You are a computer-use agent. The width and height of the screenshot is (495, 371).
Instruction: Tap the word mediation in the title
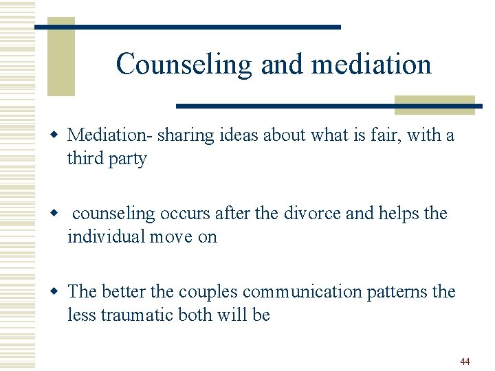pyautogui.click(x=371, y=64)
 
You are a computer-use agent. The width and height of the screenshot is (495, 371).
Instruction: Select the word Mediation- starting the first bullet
pyautogui.click(x=110, y=135)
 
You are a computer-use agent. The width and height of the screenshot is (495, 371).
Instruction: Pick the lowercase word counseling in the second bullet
pyautogui.click(x=114, y=214)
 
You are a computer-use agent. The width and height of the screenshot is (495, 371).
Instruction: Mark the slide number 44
pyautogui.click(x=465, y=361)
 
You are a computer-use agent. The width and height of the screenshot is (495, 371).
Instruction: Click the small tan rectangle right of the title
pyautogui.click(x=434, y=104)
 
